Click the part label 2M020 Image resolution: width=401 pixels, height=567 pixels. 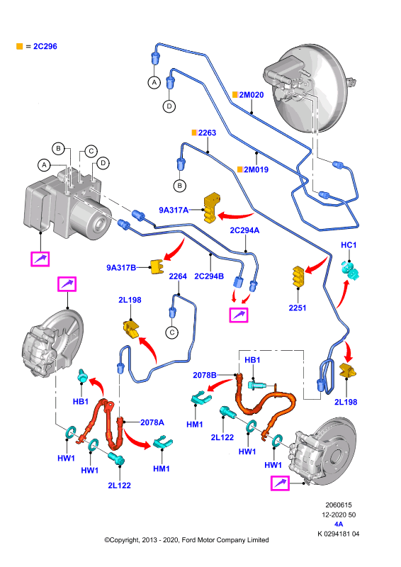(x=252, y=95)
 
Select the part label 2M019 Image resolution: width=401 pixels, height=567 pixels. (x=256, y=169)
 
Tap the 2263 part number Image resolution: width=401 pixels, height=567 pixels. (x=207, y=133)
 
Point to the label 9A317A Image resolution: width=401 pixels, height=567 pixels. (x=174, y=210)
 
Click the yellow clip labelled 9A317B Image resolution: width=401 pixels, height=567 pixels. (x=158, y=267)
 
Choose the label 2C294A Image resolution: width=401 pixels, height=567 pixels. (x=245, y=230)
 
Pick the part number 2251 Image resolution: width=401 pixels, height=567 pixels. (x=298, y=308)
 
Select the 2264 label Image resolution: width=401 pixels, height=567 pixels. (x=178, y=276)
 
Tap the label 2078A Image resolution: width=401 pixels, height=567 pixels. (x=152, y=422)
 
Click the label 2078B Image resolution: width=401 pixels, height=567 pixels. (x=205, y=375)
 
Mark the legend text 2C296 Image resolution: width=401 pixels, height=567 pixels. (x=45, y=46)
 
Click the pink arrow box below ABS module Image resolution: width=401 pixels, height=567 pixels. (x=40, y=259)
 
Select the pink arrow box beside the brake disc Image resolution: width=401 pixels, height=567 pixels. (x=281, y=483)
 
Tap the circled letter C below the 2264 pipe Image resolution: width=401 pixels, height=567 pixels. (x=172, y=332)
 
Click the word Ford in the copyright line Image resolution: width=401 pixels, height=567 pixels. (x=189, y=540)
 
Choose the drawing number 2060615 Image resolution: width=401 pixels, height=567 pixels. (x=339, y=505)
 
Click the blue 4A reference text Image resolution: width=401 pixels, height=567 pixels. (x=339, y=524)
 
